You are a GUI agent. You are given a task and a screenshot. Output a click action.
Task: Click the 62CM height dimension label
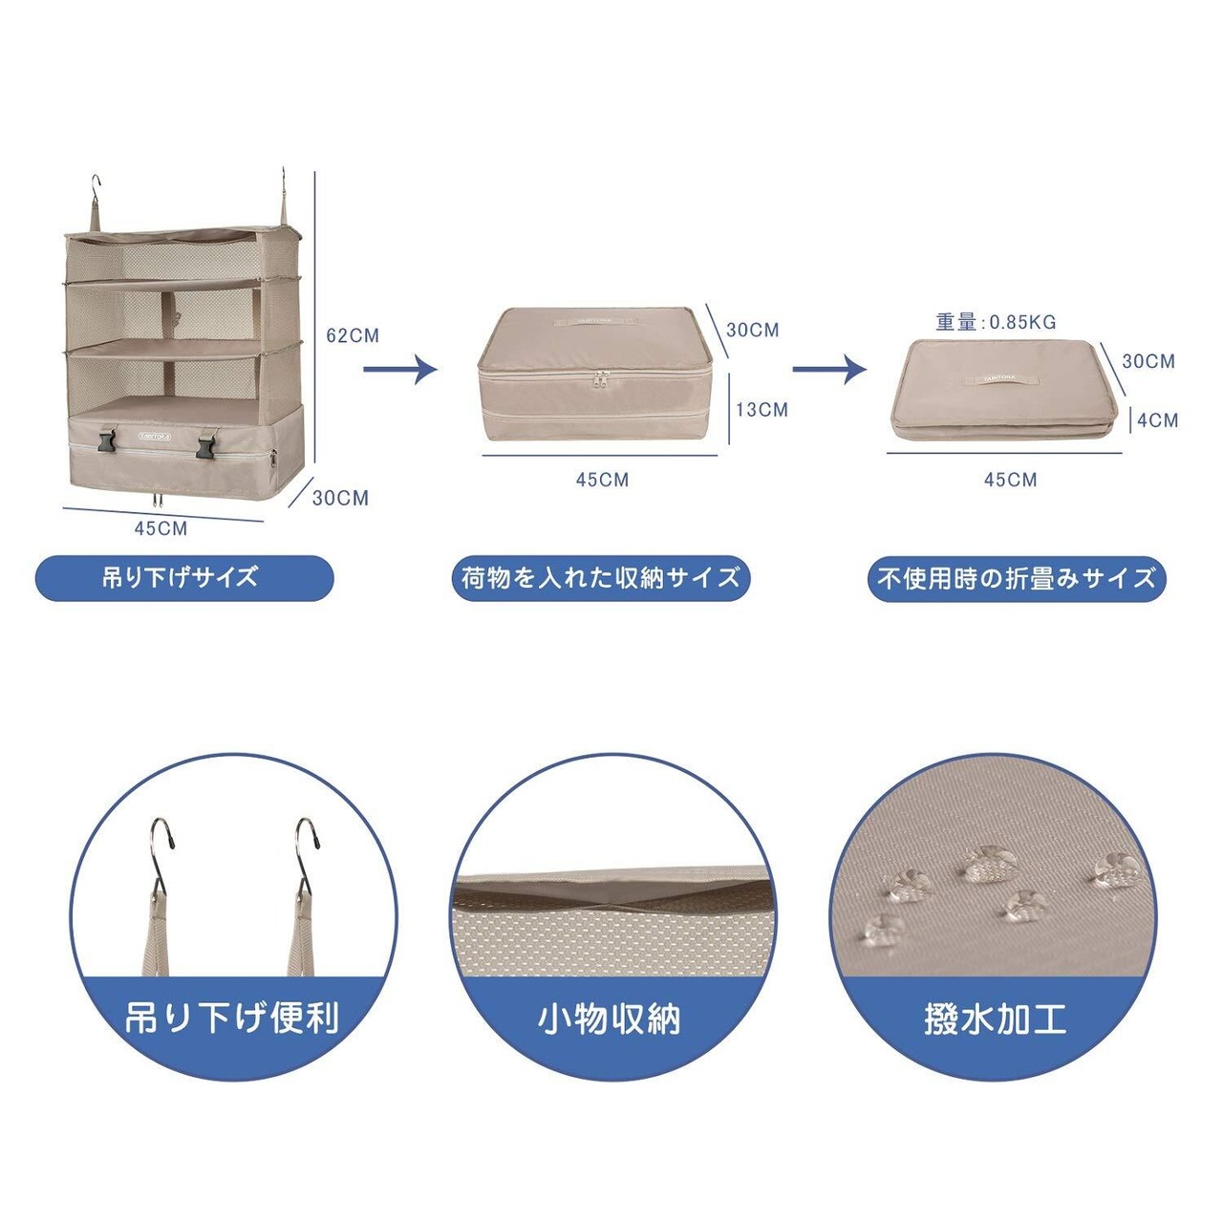(353, 335)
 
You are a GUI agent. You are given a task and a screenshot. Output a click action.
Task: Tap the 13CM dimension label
(762, 409)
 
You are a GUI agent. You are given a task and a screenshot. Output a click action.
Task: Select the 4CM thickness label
(1157, 420)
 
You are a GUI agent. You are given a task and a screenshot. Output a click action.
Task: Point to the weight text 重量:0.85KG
(996, 322)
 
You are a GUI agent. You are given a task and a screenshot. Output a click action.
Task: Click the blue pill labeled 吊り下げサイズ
(184, 578)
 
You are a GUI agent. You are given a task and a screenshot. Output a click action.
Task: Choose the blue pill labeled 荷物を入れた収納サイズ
(601, 578)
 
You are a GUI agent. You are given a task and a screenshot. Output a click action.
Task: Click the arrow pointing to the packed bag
(400, 369)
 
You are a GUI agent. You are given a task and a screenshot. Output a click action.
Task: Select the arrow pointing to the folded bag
(829, 369)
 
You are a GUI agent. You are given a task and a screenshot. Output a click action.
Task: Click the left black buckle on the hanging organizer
(107, 441)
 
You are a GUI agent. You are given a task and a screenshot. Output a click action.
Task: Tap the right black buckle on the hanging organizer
(205, 446)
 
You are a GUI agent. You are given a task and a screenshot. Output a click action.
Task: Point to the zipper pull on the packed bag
(597, 379)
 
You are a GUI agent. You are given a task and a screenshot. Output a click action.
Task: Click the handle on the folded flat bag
(999, 378)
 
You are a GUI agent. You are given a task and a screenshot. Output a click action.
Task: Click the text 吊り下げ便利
(231, 1018)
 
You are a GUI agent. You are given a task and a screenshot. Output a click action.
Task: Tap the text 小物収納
(610, 1019)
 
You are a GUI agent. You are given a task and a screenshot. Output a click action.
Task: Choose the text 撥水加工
(995, 1019)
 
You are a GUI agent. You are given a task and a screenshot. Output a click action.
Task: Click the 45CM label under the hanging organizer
(161, 528)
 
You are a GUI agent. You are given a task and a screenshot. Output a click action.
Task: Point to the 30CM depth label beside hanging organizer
(340, 498)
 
